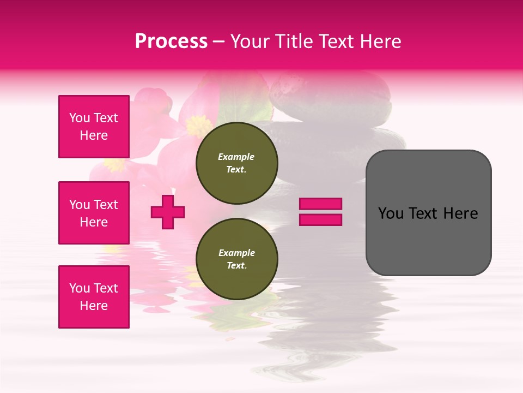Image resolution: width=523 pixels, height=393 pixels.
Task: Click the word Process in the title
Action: pos(171,41)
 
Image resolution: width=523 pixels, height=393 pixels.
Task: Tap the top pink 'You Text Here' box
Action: pos(94,127)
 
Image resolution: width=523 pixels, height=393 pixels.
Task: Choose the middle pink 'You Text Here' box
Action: pos(94,213)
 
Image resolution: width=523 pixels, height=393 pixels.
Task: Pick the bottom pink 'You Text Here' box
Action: pos(94,297)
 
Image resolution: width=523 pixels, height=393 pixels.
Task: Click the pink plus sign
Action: pos(168,211)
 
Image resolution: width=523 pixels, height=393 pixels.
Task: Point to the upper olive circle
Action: pos(237,163)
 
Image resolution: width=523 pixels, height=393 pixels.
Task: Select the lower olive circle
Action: pos(237,259)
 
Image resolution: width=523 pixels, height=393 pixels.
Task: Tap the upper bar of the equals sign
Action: pos(320,204)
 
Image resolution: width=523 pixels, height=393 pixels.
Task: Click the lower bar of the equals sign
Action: pos(320,219)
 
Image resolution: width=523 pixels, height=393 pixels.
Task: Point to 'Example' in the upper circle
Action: pos(236,157)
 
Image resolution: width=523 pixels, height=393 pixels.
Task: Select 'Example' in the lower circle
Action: pos(236,253)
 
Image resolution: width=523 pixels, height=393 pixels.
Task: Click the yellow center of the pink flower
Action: pos(199,127)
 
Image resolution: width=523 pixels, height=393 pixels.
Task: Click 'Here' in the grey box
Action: pos(461,213)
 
